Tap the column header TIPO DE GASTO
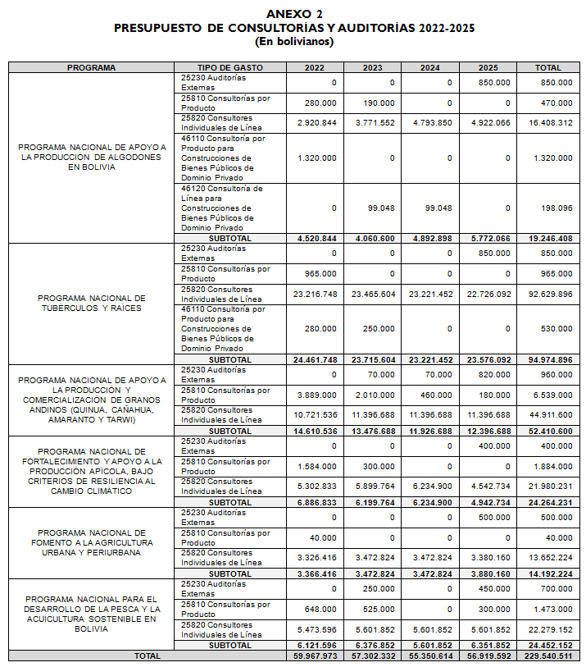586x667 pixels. pos(230,68)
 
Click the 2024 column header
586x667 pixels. pos(429,68)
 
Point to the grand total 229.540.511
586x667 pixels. pos(548,656)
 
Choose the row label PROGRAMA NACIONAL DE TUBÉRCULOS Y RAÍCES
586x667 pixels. pos(91,303)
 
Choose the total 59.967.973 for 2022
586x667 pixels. pos(315,656)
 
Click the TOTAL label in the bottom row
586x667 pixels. pos(148,656)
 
